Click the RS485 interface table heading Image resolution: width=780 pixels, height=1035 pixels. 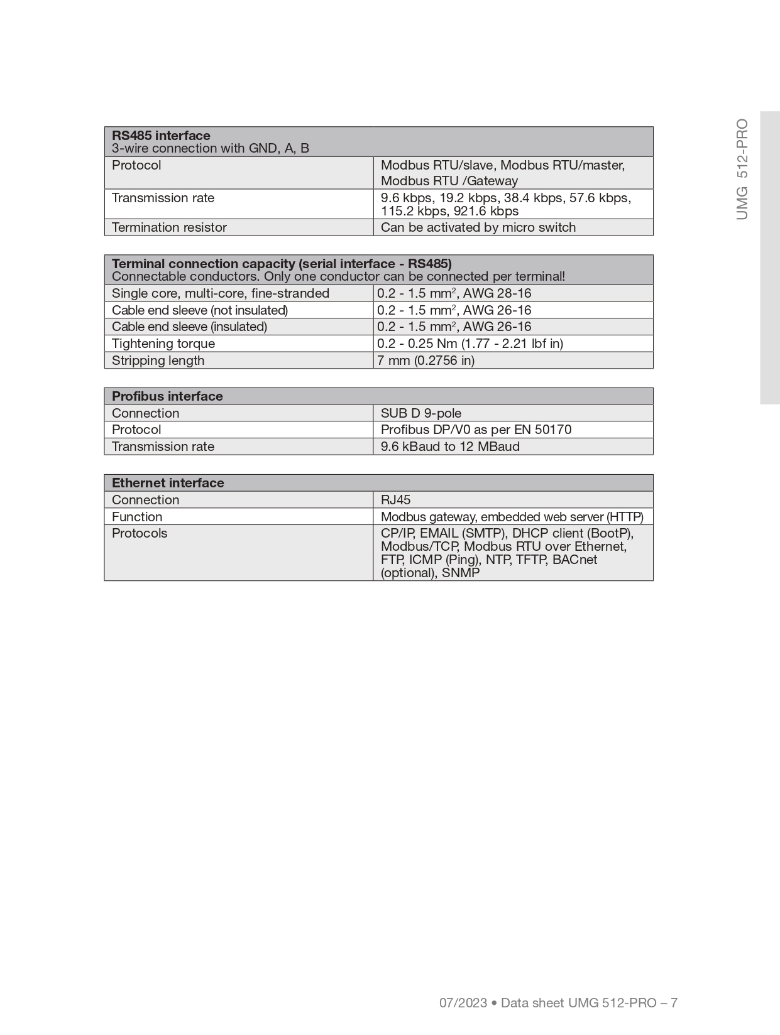click(x=161, y=136)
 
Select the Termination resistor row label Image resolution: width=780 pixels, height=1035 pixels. click(x=169, y=227)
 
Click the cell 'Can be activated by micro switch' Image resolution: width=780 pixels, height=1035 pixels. click(x=478, y=227)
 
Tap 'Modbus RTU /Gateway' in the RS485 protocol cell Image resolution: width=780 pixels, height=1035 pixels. click(x=449, y=181)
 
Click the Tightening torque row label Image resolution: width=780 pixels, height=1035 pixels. click(x=163, y=344)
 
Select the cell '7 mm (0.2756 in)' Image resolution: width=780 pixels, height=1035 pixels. click(x=426, y=360)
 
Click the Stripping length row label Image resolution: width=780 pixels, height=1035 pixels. click(x=158, y=360)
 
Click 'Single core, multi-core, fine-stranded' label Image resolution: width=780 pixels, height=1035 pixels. click(x=220, y=293)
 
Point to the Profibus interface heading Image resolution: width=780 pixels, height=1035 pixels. click(x=167, y=396)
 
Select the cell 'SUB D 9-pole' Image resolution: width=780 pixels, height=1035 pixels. click(x=420, y=413)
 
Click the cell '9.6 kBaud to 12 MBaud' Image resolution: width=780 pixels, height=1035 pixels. click(x=450, y=447)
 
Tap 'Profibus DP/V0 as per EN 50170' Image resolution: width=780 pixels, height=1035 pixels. click(x=476, y=430)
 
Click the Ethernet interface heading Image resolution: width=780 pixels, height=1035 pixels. click(x=168, y=483)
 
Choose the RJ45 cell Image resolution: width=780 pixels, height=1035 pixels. click(x=395, y=500)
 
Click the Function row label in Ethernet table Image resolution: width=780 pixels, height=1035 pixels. click(x=137, y=517)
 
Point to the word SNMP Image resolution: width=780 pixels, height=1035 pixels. click(x=461, y=573)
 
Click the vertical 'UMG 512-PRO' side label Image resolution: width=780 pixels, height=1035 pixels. click(x=742, y=169)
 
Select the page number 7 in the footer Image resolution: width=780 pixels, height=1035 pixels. click(x=674, y=1003)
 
